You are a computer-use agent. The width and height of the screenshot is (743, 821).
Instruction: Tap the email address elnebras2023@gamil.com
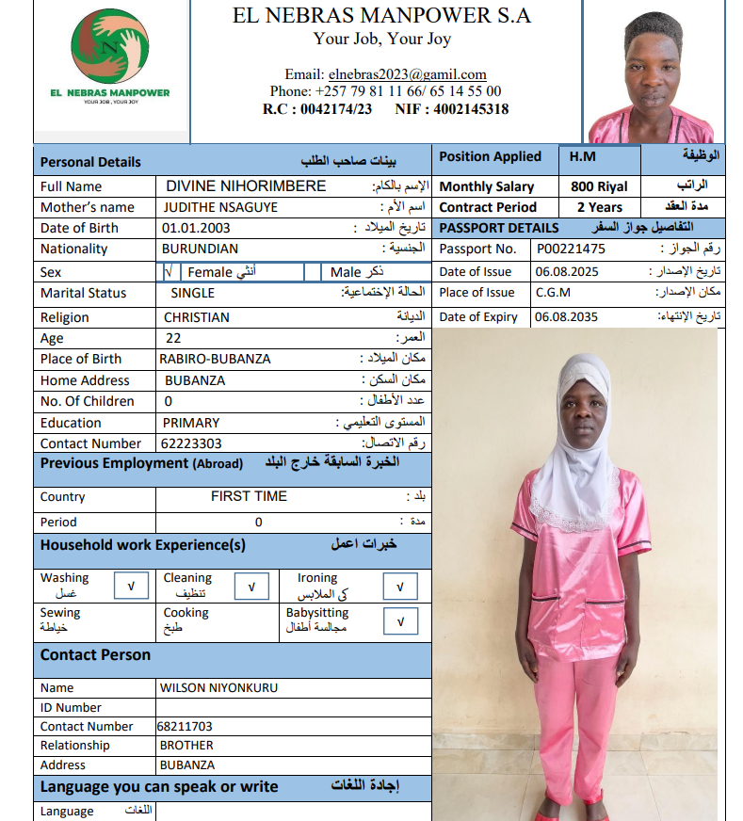coord(407,74)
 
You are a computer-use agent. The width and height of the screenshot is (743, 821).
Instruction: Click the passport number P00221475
coord(571,250)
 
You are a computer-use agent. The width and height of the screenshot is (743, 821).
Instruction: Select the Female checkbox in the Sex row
coord(169,272)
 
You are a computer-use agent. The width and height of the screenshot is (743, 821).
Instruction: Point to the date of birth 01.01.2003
coord(196,228)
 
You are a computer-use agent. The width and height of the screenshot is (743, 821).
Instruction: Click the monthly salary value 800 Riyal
coord(599,186)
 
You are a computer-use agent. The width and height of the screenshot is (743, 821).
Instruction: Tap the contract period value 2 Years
coord(599,207)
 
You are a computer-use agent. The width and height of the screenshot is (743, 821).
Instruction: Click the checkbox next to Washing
coord(131,587)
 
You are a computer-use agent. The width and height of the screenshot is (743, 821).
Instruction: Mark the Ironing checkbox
coord(400,587)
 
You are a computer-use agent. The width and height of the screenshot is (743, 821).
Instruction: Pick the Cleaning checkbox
coord(251,587)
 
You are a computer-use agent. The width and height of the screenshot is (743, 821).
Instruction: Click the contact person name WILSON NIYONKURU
coord(218,687)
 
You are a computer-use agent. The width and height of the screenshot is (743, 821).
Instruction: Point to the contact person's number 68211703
coord(185,727)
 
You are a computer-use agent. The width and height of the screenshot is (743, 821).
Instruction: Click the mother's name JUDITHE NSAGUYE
coord(220,207)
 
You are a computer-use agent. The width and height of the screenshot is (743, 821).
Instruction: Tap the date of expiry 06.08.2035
coord(566,317)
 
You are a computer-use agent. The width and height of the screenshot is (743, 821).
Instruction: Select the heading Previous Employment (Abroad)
coord(141,463)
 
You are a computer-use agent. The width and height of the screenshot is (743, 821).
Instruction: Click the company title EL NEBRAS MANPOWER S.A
coord(381,15)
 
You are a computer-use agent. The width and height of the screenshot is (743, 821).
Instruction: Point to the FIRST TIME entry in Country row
coord(249,496)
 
